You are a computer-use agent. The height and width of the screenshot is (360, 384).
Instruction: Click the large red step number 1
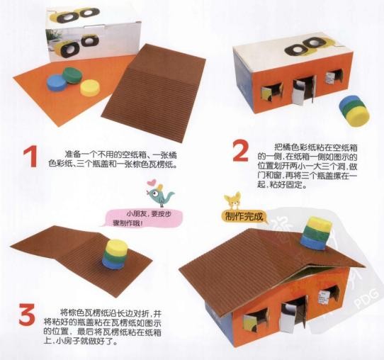[x=31, y=157]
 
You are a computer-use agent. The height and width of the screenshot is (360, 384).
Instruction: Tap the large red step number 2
[x=241, y=151]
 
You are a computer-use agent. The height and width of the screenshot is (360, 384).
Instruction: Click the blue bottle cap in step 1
[x=57, y=83]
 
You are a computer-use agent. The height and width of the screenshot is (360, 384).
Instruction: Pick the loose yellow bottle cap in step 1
[x=90, y=88]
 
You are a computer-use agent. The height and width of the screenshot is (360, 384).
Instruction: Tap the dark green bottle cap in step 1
[x=72, y=76]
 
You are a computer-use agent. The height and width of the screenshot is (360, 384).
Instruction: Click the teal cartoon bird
[x=160, y=195]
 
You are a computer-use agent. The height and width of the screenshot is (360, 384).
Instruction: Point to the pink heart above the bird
[x=152, y=182]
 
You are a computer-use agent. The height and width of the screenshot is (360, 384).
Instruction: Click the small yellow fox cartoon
[x=232, y=201]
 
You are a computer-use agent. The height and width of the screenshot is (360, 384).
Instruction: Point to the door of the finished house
[x=293, y=316]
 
